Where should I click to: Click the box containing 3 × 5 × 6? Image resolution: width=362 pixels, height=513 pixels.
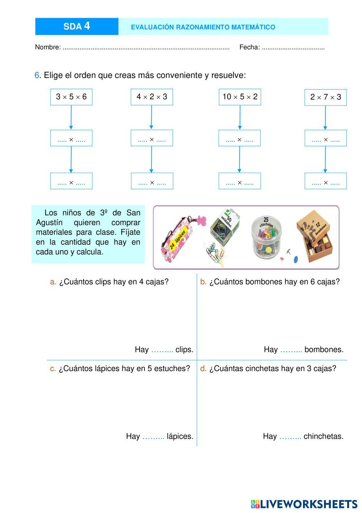pos(71,97)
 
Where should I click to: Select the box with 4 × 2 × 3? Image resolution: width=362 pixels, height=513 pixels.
pos(152,97)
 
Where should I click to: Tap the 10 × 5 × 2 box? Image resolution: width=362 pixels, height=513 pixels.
pos(240,97)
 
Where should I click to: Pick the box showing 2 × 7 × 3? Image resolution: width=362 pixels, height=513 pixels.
pos(325,97)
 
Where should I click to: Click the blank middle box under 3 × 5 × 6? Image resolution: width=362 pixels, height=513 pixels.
pos(71,138)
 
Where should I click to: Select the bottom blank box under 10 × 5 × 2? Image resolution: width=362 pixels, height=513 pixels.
pos(240,181)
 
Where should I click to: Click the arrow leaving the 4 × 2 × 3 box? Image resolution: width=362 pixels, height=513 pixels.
pos(151,117)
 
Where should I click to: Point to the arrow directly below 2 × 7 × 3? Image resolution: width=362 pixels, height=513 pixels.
pos(325,117)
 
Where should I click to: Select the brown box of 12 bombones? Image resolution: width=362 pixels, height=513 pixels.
pos(315,237)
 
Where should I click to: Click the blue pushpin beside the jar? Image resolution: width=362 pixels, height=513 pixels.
pos(295,259)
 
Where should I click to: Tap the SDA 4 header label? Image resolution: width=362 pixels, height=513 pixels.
pos(77,26)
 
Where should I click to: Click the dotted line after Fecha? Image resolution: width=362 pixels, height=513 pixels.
pos(293,47)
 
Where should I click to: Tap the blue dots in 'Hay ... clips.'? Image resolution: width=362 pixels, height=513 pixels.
pos(162,350)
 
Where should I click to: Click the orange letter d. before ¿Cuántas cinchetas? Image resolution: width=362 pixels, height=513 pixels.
pos(203,369)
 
